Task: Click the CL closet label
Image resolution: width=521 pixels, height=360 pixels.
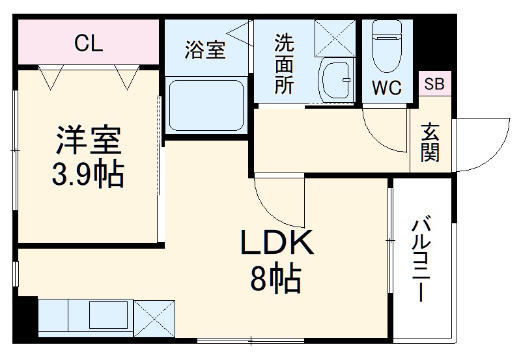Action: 88,44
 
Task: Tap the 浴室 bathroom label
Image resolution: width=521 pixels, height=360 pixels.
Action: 205,50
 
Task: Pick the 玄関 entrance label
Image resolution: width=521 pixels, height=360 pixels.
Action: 430,143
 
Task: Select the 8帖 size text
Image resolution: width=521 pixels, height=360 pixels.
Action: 275,280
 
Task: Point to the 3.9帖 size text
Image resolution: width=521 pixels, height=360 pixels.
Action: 89,174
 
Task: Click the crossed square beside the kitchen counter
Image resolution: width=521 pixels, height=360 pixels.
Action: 154,319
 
